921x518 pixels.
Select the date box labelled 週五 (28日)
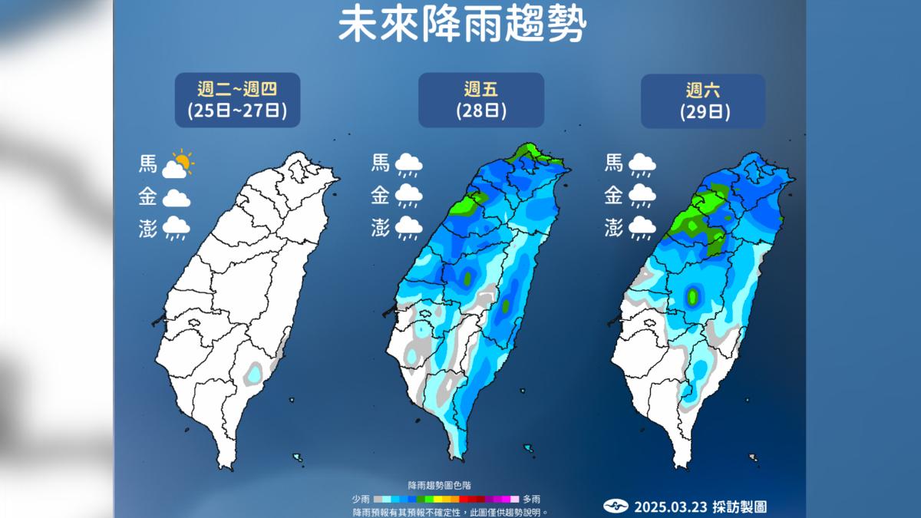[x=480, y=100]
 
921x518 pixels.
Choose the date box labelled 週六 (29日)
[x=703, y=100]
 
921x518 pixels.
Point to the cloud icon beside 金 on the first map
[x=176, y=198]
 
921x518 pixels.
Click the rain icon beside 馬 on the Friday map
[x=408, y=164]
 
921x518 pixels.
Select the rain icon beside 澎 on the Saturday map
[x=641, y=228]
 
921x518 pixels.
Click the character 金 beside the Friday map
[x=380, y=196]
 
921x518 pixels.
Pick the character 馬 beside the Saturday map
[x=614, y=163]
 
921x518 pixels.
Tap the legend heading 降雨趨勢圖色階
[x=439, y=486]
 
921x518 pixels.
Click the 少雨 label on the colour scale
[x=361, y=499]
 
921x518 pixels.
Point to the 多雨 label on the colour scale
[x=531, y=499]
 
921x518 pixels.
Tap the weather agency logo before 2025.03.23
[x=616, y=506]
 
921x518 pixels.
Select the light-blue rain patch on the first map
[x=251, y=375]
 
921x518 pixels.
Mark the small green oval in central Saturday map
[x=693, y=295]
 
